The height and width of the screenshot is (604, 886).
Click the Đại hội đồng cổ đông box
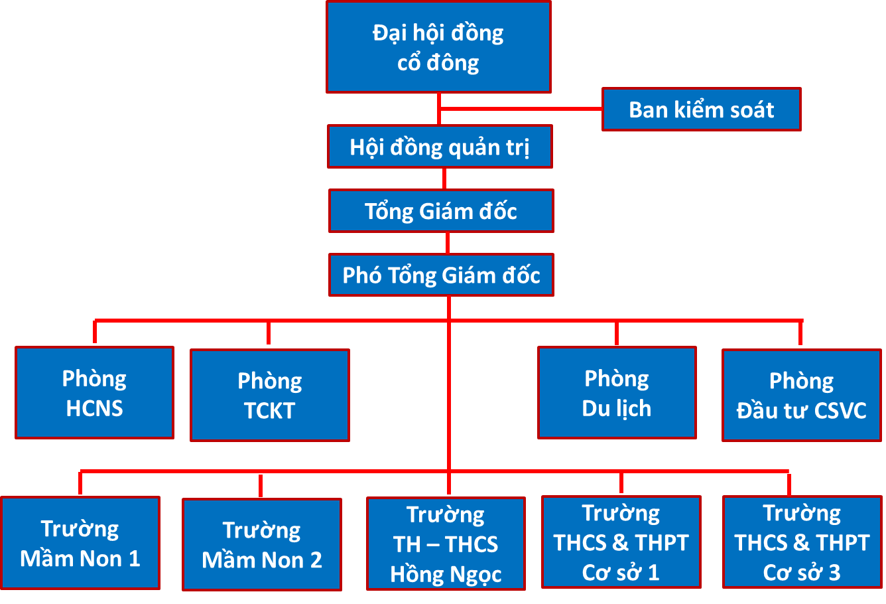click(x=438, y=47)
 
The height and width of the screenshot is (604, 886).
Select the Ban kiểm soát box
click(x=701, y=110)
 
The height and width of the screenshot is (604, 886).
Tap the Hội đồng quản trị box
click(x=440, y=147)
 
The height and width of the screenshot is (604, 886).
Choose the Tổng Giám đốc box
click(x=441, y=211)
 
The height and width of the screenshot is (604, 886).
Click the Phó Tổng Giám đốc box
click(x=441, y=275)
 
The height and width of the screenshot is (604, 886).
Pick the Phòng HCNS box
click(x=94, y=392)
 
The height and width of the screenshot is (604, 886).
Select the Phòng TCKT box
click(x=269, y=396)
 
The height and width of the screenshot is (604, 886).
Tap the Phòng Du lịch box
click(x=617, y=392)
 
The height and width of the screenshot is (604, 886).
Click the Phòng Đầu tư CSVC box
click(x=801, y=396)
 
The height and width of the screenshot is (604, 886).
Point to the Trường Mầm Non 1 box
click(x=80, y=543)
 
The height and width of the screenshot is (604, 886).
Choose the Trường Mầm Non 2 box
click(x=262, y=545)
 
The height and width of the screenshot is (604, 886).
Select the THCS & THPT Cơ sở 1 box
click(x=621, y=542)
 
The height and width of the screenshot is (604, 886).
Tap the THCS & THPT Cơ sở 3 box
click(x=802, y=542)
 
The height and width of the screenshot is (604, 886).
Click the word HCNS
click(x=94, y=408)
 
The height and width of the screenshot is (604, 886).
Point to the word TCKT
click(x=269, y=411)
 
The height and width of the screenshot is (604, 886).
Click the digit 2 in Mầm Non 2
click(x=316, y=560)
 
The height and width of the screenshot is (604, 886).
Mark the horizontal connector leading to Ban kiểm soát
click(x=521, y=108)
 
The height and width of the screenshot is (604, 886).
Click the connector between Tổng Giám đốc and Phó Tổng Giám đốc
click(x=448, y=243)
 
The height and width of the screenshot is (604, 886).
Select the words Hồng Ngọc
click(x=446, y=574)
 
